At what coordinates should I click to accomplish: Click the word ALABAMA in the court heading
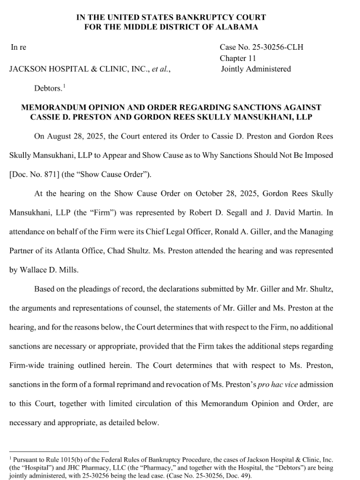pyautogui.click(x=239, y=27)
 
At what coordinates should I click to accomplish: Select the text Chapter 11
pyautogui.click(x=237, y=58)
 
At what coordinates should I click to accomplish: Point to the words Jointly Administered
pyautogui.click(x=256, y=69)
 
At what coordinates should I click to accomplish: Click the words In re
pyautogui.click(x=18, y=48)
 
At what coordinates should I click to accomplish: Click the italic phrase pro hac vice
pyautogui.click(x=278, y=384)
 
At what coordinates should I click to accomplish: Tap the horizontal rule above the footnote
pyautogui.click(x=59, y=451)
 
